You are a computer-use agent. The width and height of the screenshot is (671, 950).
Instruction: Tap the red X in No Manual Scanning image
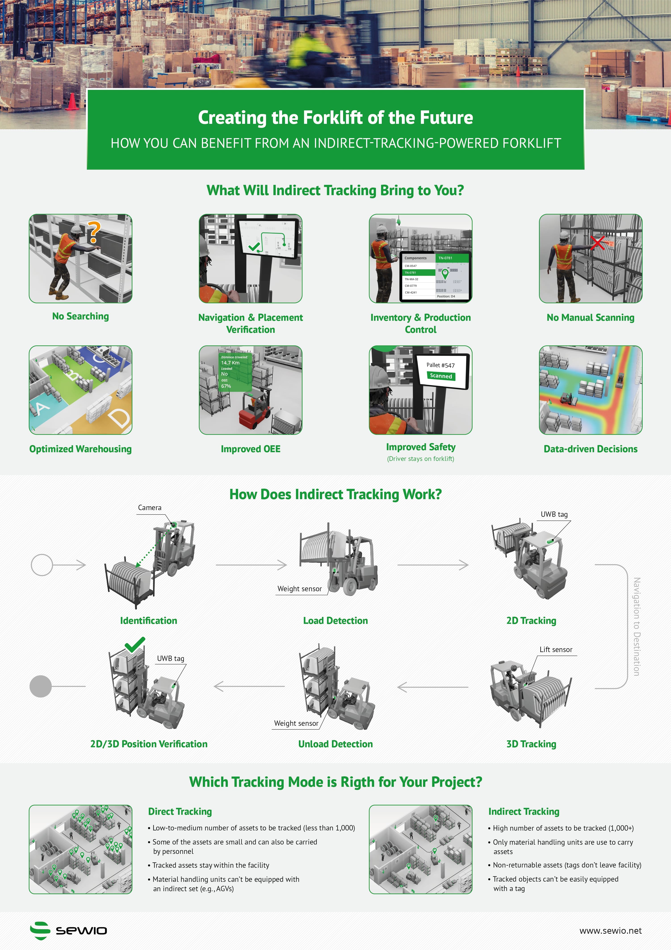(x=598, y=243)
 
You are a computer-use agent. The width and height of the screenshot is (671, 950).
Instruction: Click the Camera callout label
(x=150, y=508)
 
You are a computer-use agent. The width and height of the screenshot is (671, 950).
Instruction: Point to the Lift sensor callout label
(x=556, y=650)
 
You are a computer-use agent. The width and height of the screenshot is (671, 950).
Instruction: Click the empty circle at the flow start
(x=42, y=565)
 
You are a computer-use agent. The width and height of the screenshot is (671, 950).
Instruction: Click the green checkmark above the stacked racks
(x=135, y=644)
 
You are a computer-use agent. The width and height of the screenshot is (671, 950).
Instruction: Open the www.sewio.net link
(x=610, y=931)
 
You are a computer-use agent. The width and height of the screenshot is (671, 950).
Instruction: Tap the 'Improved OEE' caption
(x=251, y=449)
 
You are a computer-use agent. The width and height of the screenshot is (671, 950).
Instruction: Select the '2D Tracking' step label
(x=531, y=621)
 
